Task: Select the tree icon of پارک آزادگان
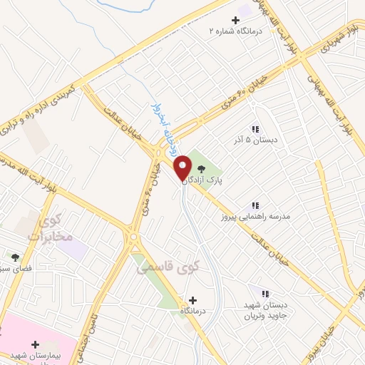[202, 169]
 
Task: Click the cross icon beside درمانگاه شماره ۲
[236, 20]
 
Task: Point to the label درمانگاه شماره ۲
[236, 31]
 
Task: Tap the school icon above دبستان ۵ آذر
[255, 129]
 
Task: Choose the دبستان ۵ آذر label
[255, 141]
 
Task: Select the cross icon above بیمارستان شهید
[35, 344]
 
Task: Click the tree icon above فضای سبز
[15, 257]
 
